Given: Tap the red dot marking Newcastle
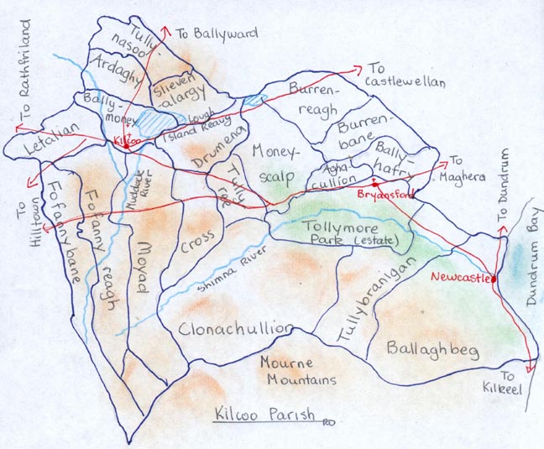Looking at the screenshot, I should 493,279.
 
